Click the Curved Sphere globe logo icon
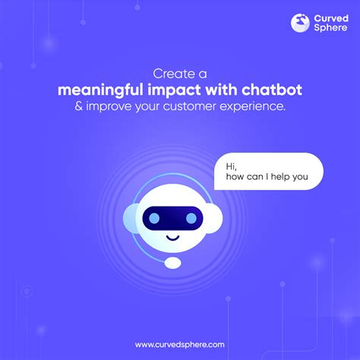coord(300,23)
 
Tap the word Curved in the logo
coord(331,18)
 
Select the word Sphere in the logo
coord(330,27)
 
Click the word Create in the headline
coord(174,74)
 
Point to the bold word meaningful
coord(100,90)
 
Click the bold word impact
coord(174,90)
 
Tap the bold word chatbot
coord(272,90)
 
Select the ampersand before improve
coord(78,106)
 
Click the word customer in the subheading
coord(189,106)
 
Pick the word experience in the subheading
coord(252,106)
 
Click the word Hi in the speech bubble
coord(231,166)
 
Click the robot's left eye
coord(154,218)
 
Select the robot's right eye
coord(191,218)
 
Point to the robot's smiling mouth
coord(172,238)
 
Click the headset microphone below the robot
coord(172,263)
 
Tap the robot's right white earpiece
coord(214,218)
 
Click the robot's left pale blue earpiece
coord(130,218)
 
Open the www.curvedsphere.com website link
coord(180,345)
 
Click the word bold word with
coord(221,90)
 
